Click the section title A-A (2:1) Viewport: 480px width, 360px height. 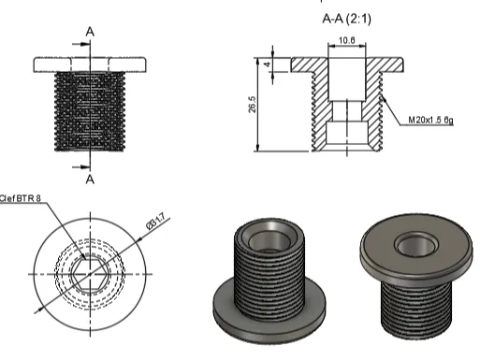[346, 19]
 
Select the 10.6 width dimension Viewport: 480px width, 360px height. [346, 40]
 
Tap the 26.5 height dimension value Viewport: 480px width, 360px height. [253, 104]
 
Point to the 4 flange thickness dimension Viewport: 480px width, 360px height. [268, 65]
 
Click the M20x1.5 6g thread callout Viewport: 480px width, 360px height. [430, 120]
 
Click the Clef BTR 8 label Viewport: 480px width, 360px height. [21, 198]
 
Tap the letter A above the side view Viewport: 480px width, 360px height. [90, 32]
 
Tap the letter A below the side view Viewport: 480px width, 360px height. [90, 180]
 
